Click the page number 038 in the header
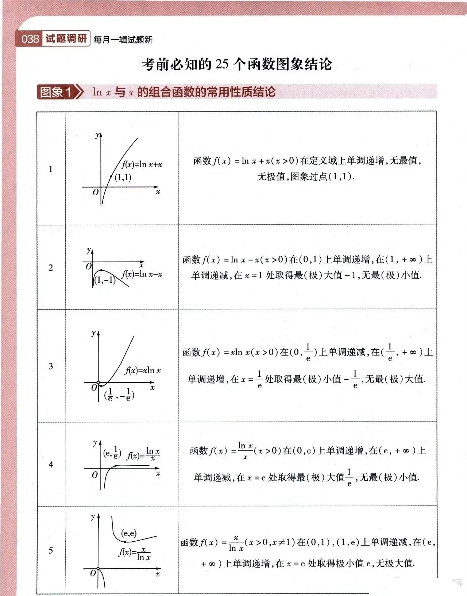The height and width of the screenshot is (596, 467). [x=30, y=39]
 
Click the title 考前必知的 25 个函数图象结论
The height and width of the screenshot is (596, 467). [x=237, y=64]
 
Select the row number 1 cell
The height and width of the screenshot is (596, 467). [x=51, y=169]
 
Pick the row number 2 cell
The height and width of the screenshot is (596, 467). [x=51, y=268]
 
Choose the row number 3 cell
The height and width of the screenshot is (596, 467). [x=51, y=366]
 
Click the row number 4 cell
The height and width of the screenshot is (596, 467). [x=51, y=464]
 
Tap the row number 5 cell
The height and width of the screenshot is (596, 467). [x=51, y=550]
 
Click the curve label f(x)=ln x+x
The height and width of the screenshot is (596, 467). [x=142, y=165]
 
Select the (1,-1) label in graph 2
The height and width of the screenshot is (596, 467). [x=105, y=280]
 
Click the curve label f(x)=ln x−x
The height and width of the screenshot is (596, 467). [x=142, y=274]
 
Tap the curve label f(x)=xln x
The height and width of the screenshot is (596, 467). [x=143, y=370]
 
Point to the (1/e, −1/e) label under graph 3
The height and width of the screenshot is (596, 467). [x=119, y=395]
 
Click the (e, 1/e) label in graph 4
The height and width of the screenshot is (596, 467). [x=112, y=453]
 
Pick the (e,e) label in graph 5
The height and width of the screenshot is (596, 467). [x=129, y=533]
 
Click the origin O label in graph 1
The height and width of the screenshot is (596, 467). [x=96, y=192]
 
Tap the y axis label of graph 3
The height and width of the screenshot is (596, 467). [x=93, y=333]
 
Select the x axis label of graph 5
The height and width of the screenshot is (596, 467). [x=158, y=574]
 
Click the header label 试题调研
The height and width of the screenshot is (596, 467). [x=66, y=39]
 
